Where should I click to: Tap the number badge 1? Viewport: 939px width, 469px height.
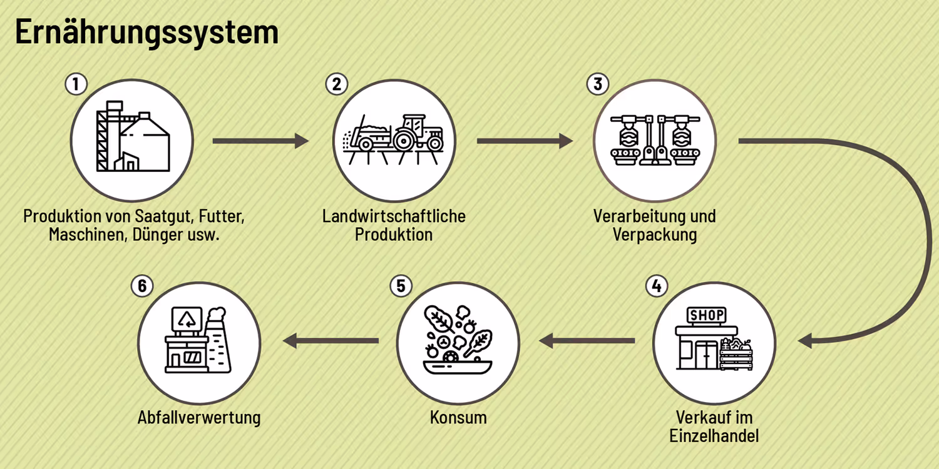pyautogui.click(x=76, y=84)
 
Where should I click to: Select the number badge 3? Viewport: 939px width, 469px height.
pyautogui.click(x=598, y=84)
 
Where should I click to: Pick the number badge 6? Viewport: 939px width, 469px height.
pyautogui.click(x=142, y=286)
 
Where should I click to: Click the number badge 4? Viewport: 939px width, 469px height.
pyautogui.click(x=655, y=286)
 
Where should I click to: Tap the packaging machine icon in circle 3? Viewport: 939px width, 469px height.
pyautogui.click(x=655, y=141)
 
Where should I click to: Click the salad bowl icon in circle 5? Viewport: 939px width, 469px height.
pyautogui.click(x=458, y=341)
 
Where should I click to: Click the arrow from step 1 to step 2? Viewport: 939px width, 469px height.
pyautogui.click(x=260, y=141)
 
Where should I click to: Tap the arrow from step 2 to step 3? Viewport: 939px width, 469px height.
pyautogui.click(x=525, y=141)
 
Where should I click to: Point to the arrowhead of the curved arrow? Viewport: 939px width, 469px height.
pyautogui.click(x=806, y=341)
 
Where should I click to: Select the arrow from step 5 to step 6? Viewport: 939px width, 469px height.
pyautogui.click(x=332, y=341)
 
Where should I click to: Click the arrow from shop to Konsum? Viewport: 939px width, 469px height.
pyautogui.click(x=587, y=341)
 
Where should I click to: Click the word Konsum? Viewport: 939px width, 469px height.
pyautogui.click(x=458, y=417)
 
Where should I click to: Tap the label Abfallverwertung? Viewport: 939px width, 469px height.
pyautogui.click(x=199, y=417)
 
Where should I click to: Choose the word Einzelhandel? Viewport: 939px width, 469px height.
pyautogui.click(x=714, y=436)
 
